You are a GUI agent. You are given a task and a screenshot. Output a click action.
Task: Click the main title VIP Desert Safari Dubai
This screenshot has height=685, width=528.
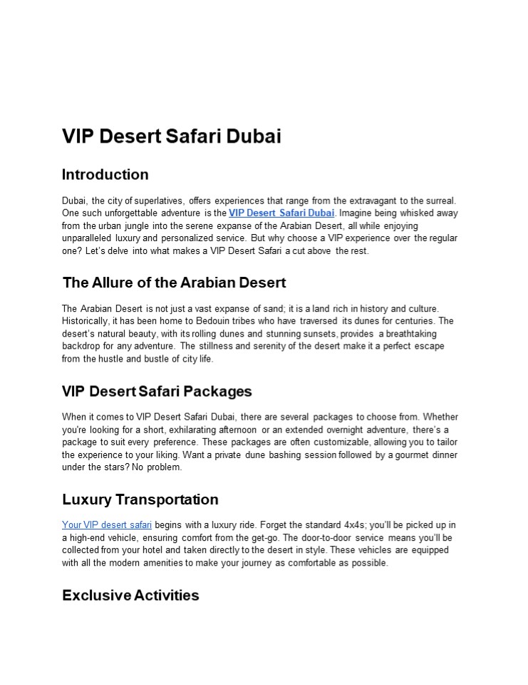[x=171, y=136]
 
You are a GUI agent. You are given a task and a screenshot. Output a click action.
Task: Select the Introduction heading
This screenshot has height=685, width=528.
[x=105, y=175]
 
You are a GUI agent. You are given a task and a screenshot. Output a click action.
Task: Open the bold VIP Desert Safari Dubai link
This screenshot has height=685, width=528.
[x=281, y=213]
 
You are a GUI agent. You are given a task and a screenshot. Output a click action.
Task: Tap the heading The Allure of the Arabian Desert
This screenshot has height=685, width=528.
[x=174, y=283]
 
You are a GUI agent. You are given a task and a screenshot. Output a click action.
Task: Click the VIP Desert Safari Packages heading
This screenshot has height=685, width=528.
[x=157, y=391]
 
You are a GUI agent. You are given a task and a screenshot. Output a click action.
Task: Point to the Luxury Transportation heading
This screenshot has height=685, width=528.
[x=140, y=499]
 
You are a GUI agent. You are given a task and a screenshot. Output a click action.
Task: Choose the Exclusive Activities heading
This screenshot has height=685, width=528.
[x=130, y=595]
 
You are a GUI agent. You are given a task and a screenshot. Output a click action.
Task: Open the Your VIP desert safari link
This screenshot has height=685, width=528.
[x=107, y=525]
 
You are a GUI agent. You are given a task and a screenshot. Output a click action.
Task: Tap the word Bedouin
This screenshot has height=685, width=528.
[x=216, y=321]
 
